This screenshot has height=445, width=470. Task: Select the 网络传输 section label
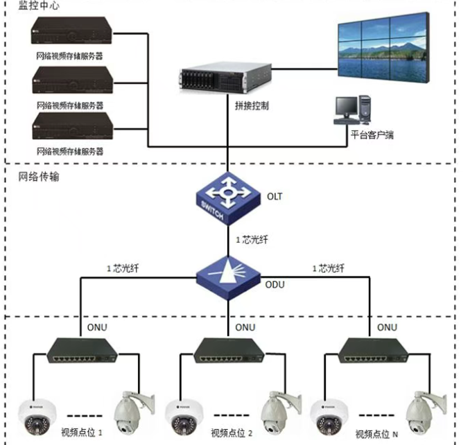coord(39,177)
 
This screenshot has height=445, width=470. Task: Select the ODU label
coord(275,284)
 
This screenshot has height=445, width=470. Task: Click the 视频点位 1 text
coord(82,432)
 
